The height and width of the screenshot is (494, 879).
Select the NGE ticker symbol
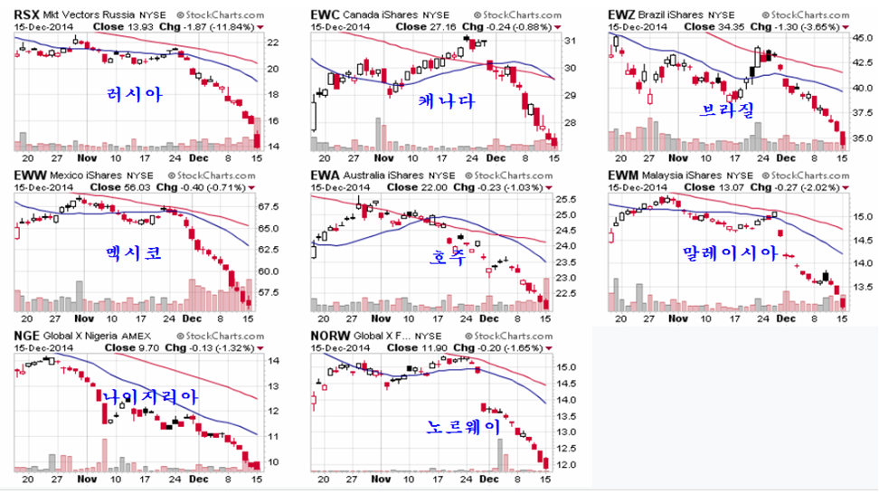point(26,337)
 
